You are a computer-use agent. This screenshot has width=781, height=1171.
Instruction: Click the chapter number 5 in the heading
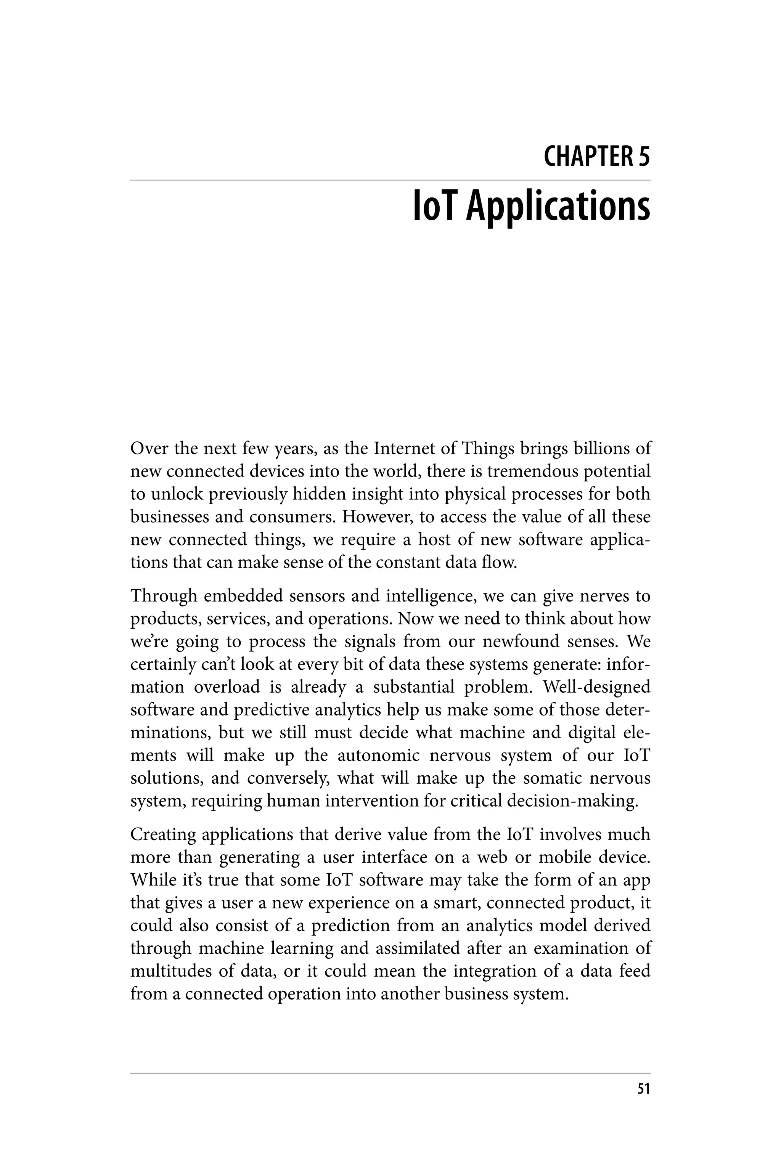[x=644, y=156]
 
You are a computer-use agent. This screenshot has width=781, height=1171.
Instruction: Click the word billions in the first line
[x=602, y=449]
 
